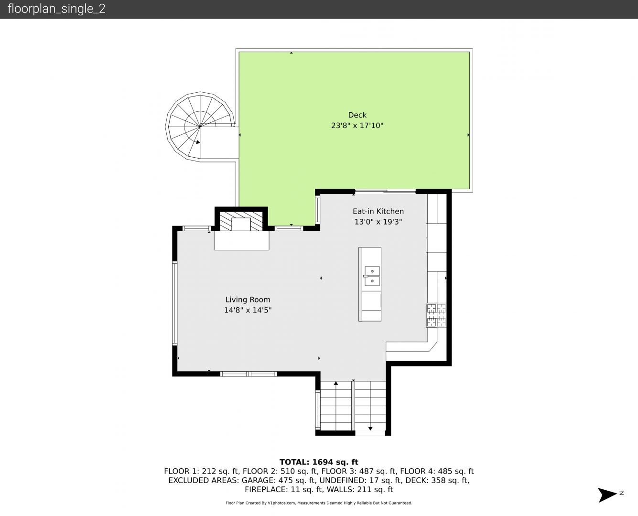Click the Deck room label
[357, 115]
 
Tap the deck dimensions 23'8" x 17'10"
[357, 126]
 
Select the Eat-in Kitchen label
[378, 212]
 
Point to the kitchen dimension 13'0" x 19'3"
[378, 222]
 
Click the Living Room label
[248, 300]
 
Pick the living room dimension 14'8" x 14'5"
[248, 310]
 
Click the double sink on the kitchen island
[372, 276]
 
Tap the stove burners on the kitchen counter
[436, 315]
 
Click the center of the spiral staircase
[200, 127]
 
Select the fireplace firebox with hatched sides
[241, 221]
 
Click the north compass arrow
[607, 494]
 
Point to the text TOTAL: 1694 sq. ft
[319, 462]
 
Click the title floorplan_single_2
[56, 9]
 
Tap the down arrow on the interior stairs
[370, 428]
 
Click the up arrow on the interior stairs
[336, 383]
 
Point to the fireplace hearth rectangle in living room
[241, 240]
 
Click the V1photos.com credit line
[319, 503]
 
